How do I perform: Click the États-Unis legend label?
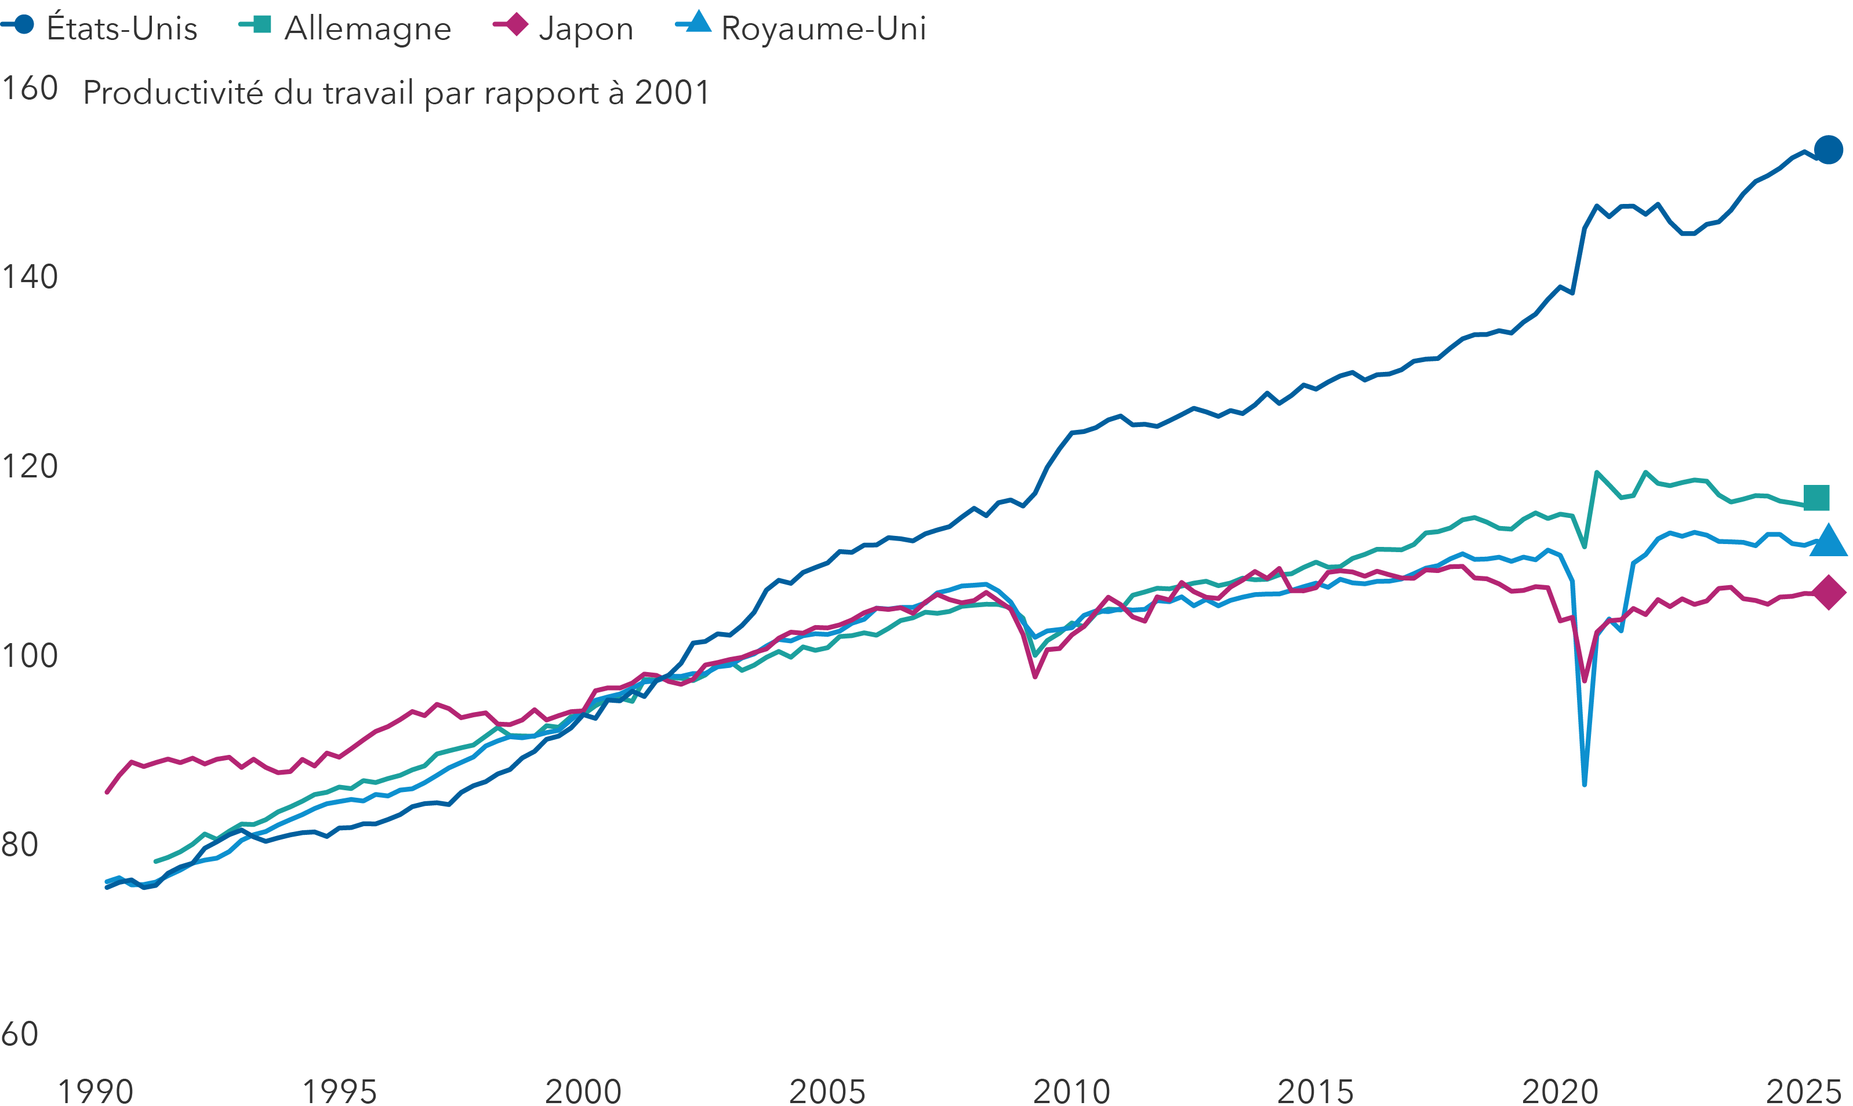(x=122, y=28)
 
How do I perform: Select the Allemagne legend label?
(x=368, y=28)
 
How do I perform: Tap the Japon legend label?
(x=586, y=28)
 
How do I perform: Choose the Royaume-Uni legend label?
(x=823, y=28)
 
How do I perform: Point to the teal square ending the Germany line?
(x=1816, y=497)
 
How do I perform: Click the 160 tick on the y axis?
(x=30, y=88)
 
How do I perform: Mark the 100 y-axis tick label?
(x=30, y=656)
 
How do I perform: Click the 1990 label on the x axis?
(x=96, y=1091)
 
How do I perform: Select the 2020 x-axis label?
(x=1560, y=1091)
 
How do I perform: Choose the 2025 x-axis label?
(x=1804, y=1091)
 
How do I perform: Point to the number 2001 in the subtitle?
(x=672, y=93)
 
